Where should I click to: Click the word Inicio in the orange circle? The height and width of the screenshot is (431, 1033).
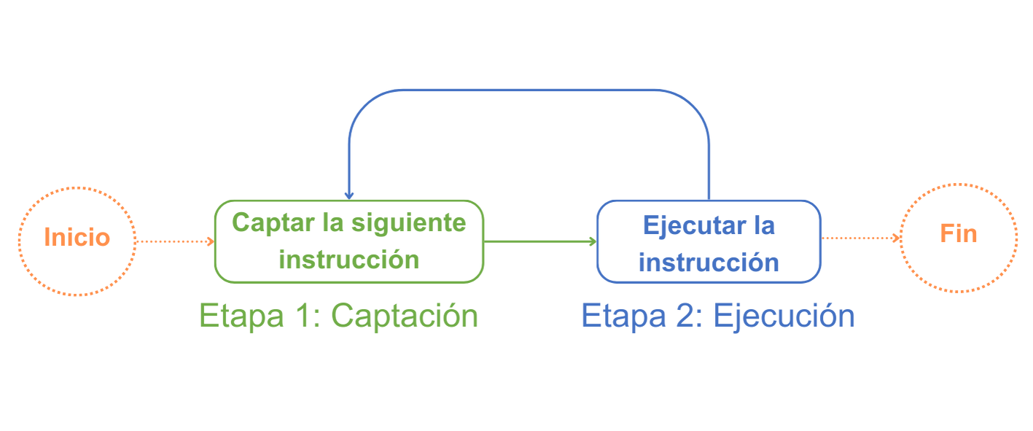[77, 238]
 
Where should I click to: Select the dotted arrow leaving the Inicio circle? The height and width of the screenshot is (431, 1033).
[174, 241]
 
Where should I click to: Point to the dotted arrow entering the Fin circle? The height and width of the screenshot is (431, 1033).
[861, 238]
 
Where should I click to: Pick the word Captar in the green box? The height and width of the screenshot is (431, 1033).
[272, 222]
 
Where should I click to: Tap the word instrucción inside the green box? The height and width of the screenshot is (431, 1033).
[350, 260]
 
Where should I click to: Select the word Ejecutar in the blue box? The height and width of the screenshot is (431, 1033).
[689, 225]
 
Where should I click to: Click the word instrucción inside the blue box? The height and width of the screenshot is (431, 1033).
[709, 262]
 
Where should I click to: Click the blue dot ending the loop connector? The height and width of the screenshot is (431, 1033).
[349, 195]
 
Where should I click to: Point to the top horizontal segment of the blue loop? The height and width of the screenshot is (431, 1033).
[529, 90]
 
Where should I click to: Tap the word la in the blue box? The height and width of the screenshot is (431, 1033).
[764, 225]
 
